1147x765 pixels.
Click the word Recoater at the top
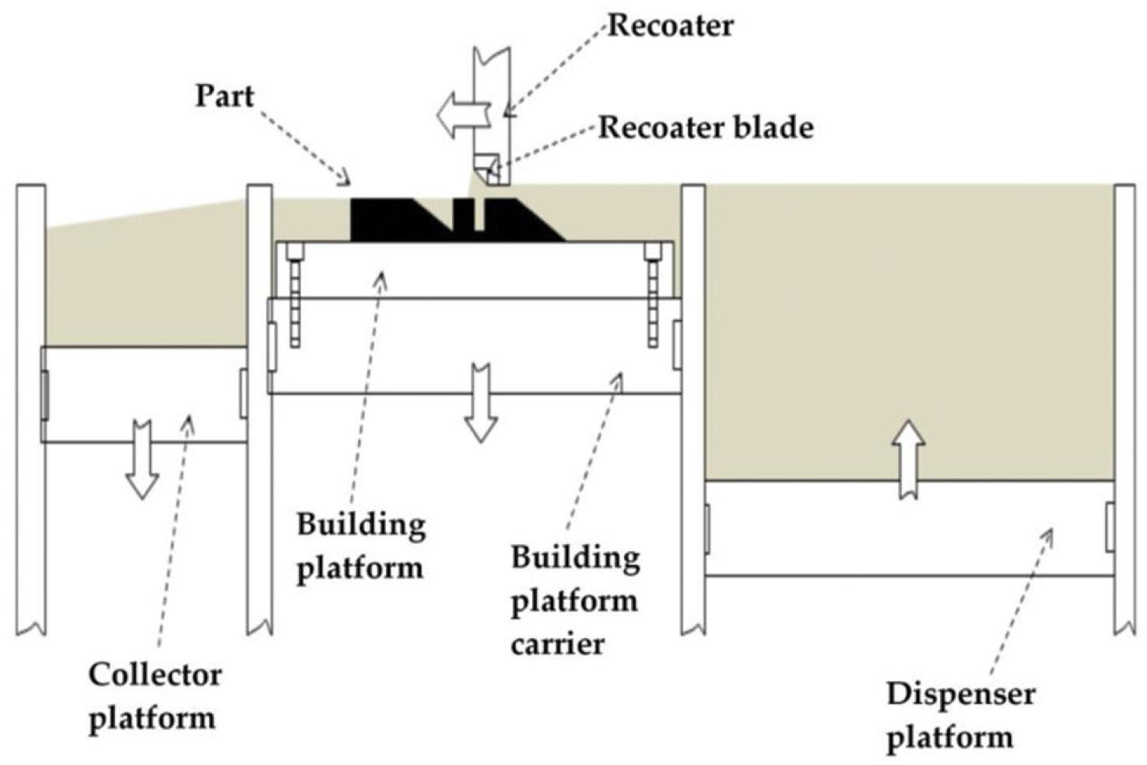(x=670, y=26)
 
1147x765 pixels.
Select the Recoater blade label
(x=705, y=127)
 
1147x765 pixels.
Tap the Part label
(x=224, y=96)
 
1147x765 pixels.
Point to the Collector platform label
(x=154, y=696)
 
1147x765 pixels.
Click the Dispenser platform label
(x=960, y=715)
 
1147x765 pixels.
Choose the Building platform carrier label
(x=575, y=600)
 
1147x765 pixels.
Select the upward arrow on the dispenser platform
(x=907, y=458)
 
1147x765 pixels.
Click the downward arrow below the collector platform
(x=142, y=459)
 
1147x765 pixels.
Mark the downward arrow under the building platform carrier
(x=481, y=402)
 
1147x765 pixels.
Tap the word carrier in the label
(x=557, y=644)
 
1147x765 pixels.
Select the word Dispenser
(x=960, y=693)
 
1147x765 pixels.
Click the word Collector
(x=154, y=674)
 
